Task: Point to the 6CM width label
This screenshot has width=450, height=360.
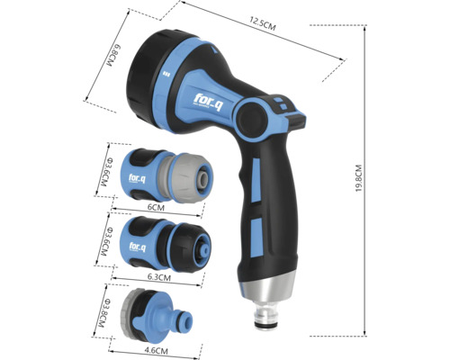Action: (157, 207)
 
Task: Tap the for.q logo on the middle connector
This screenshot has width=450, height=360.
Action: (138, 246)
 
